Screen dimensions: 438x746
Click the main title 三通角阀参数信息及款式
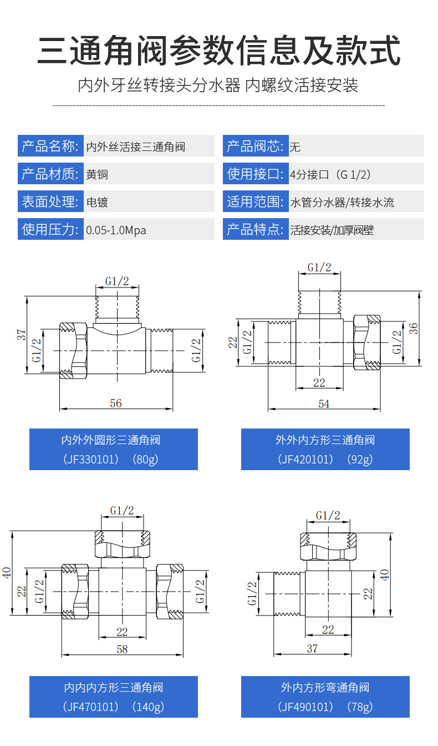219,51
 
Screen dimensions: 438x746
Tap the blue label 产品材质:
50,174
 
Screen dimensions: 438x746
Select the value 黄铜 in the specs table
97,174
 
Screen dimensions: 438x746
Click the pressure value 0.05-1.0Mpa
116,230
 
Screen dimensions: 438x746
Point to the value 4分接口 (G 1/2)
330,174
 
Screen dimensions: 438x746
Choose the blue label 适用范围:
256,201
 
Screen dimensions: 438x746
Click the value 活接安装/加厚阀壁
332,230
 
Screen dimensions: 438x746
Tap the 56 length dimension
116,404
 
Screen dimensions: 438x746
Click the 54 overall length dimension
324,404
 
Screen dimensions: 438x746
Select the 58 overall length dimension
122,649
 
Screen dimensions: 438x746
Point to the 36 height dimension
413,329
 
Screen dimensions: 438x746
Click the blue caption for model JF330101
114,449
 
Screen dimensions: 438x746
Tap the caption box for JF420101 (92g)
325,449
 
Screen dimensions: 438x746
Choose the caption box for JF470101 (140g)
114,697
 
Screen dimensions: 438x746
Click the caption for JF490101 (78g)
325,697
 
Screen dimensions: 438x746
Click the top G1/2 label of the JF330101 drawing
117,281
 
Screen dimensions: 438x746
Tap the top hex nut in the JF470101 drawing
123,544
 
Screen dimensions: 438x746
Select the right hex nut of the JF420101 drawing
367,342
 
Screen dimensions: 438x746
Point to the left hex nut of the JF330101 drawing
74,351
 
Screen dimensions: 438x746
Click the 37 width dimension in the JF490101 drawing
312,648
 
